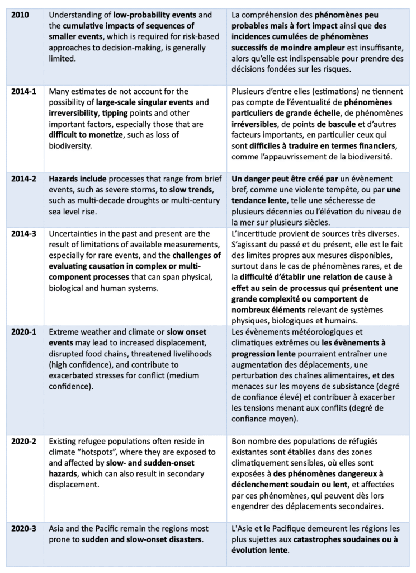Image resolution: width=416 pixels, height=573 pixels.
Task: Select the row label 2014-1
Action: [25, 91]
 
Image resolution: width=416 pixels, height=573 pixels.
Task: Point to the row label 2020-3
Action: [25, 528]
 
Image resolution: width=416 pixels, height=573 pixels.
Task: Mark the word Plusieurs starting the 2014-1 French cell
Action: [249, 91]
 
